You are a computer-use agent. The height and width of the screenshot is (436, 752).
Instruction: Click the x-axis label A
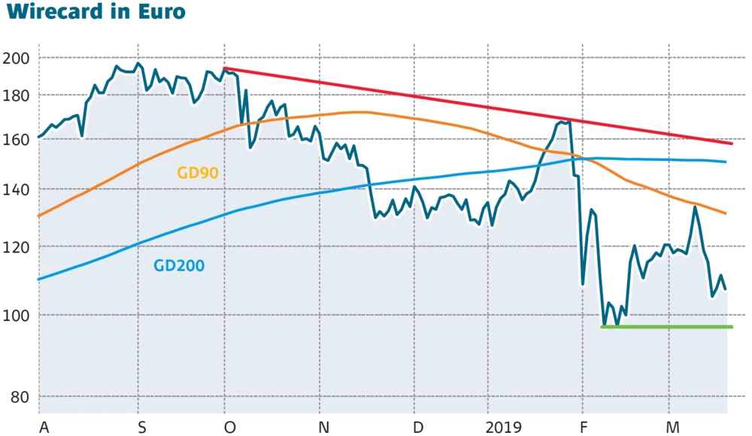pos(44,427)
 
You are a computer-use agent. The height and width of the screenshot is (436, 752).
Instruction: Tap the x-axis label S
pos(142,427)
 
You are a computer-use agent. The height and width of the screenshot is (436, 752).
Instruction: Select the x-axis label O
pos(230,427)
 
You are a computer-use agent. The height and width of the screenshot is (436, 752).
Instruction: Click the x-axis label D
pos(419,427)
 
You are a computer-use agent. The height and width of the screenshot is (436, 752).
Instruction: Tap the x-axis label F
pos(587,427)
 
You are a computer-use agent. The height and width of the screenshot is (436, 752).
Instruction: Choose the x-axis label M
pos(675,427)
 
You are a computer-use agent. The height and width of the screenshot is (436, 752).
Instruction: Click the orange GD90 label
pos(197,173)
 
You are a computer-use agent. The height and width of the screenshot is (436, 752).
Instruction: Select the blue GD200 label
pos(178,265)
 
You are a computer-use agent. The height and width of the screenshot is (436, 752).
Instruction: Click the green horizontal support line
pos(666,327)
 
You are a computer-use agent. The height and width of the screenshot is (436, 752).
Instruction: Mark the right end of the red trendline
pos(731,142)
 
